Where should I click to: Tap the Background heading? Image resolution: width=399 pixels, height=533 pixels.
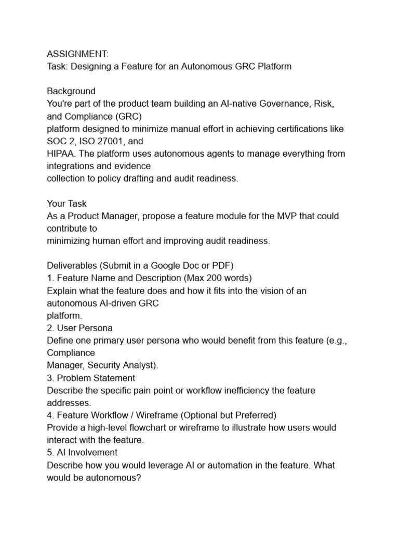[x=71, y=91]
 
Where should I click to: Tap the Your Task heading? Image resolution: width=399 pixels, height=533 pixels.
[x=66, y=203]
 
